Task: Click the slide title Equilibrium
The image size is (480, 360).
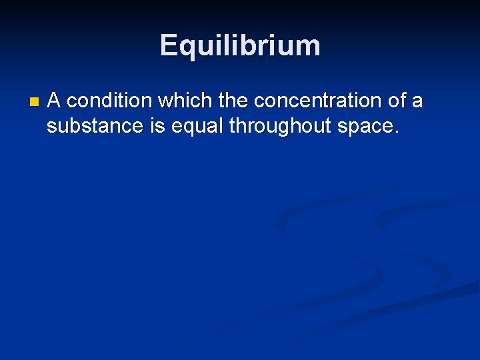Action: [x=240, y=45]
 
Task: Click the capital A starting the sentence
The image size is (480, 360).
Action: [x=55, y=101]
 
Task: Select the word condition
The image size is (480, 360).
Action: [x=110, y=101]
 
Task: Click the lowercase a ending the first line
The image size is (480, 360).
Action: [x=417, y=102]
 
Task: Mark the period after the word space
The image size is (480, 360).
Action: [x=398, y=132]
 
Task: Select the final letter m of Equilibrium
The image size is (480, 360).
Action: [x=308, y=47]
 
